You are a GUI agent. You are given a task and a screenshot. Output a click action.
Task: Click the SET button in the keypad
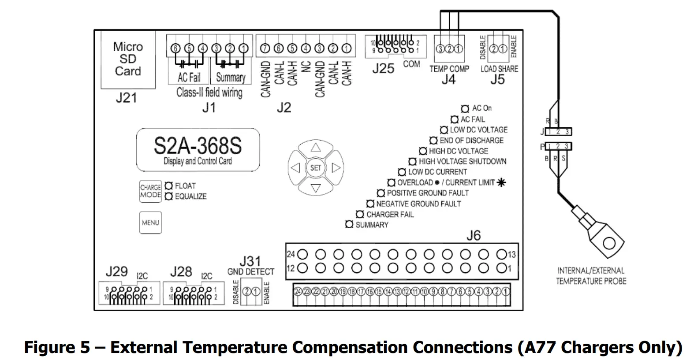tap(316, 167)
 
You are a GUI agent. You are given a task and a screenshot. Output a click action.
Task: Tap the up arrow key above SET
tap(316, 148)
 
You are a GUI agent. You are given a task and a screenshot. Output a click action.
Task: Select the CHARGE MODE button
tap(150, 191)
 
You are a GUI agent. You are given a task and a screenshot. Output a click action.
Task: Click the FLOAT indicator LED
tap(168, 186)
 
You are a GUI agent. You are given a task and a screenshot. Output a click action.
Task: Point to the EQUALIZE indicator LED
tap(168, 196)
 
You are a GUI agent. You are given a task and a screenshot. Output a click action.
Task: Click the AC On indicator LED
tap(465, 108)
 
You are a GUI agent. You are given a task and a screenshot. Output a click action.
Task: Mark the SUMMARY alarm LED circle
tap(349, 225)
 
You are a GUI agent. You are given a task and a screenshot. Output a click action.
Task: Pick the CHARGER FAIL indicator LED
tap(360, 214)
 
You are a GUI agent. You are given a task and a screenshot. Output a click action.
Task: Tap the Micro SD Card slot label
tap(128, 59)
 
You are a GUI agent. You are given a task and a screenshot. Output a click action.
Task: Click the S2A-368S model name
tap(198, 146)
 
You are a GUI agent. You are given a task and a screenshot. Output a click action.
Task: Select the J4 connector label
tap(448, 80)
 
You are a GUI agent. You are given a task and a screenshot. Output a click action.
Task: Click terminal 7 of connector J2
tap(265, 48)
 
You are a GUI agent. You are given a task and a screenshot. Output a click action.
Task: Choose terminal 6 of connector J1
tap(176, 48)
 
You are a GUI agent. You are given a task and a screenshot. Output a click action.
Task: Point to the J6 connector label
tap(474, 236)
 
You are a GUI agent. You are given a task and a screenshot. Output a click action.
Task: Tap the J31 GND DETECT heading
tap(250, 267)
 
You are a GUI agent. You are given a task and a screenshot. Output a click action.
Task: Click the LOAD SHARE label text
tap(499, 69)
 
